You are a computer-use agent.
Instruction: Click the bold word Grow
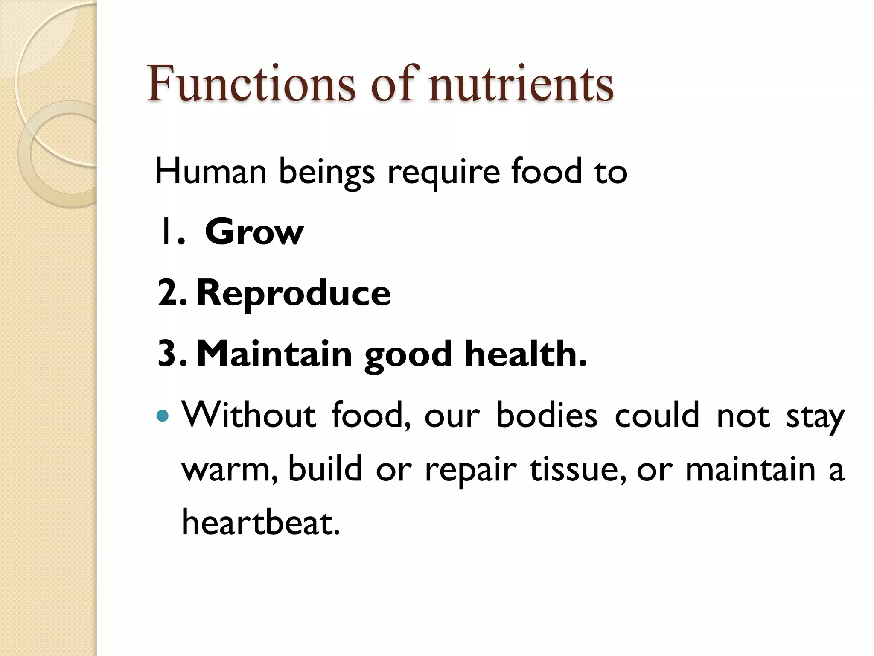pyautogui.click(x=254, y=232)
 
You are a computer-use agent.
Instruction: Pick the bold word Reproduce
pyautogui.click(x=294, y=293)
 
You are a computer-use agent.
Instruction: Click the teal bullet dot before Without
pyautogui.click(x=163, y=416)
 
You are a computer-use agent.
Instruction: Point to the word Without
pyautogui.click(x=249, y=415)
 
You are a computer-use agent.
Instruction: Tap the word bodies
pyautogui.click(x=547, y=415)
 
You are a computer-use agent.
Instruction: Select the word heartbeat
pyautogui.click(x=261, y=522)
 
